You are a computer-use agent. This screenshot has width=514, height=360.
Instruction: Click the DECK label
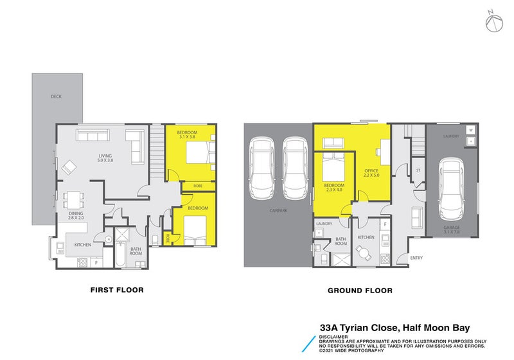(x=57, y=97)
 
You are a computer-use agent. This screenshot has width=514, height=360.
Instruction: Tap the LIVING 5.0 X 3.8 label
(x=105, y=157)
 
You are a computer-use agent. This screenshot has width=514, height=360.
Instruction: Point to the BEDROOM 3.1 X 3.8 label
(x=188, y=134)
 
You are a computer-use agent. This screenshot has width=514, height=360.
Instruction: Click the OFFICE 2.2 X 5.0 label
(x=371, y=172)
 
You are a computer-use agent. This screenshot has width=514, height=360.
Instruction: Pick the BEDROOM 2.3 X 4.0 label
(x=333, y=187)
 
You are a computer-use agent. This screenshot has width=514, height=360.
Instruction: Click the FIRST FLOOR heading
(x=116, y=290)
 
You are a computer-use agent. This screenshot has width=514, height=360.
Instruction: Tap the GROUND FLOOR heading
(x=360, y=291)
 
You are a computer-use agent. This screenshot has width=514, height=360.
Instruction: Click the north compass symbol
(x=492, y=21)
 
